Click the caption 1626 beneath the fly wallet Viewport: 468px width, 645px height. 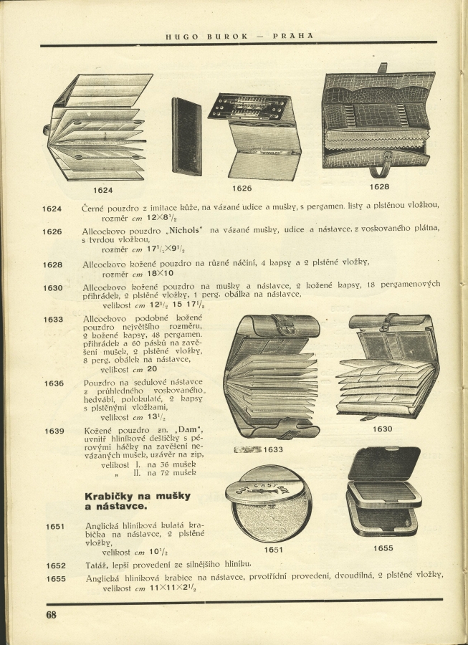click(x=242, y=188)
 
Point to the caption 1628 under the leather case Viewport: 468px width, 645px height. click(x=379, y=186)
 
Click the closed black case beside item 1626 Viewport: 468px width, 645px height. click(x=186, y=136)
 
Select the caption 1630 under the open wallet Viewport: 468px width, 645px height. click(x=382, y=429)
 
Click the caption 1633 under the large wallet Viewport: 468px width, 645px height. click(x=273, y=449)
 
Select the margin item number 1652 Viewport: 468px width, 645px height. click(x=55, y=565)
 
